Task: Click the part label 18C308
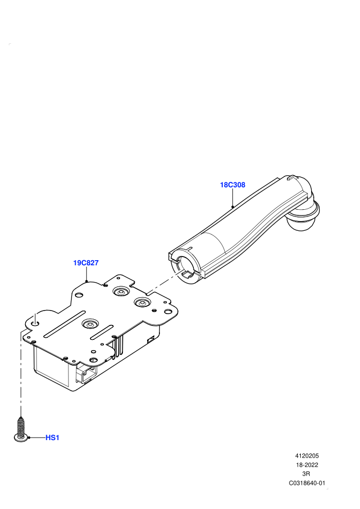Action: coord(232,185)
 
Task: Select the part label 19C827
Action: coord(86,263)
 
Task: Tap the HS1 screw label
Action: coord(52,438)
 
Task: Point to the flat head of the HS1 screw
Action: coord(22,438)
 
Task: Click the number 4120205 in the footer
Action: coord(307,456)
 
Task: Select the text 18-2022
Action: coord(307,465)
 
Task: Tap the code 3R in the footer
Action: coord(306,474)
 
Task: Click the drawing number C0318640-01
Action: coord(307,483)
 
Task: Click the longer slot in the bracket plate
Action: coord(65,324)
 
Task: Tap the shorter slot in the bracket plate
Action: coord(102,333)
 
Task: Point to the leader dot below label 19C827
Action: coord(86,281)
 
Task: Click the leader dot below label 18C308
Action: coord(233,207)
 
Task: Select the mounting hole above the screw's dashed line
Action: coord(35,323)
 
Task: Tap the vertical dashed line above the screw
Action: coord(21,373)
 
